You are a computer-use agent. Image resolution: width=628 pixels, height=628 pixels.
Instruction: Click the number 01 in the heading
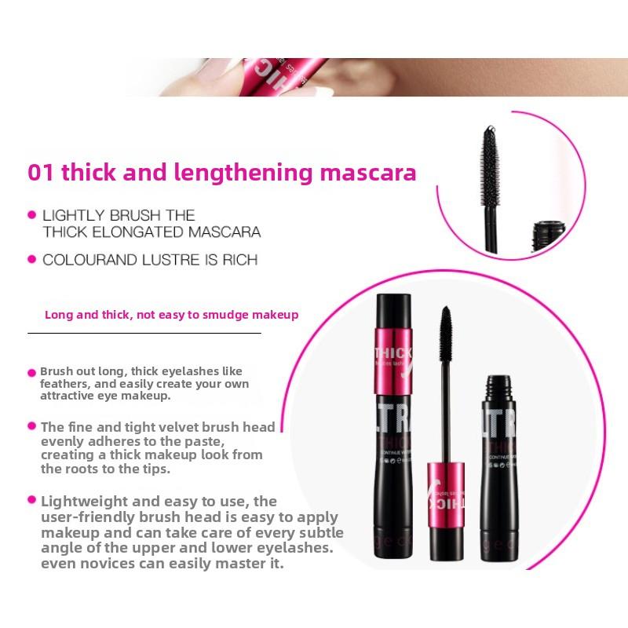(x=40, y=173)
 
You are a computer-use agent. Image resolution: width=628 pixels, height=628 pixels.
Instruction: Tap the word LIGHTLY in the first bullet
(x=70, y=215)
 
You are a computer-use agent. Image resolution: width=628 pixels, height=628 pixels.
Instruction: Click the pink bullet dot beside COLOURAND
(x=32, y=259)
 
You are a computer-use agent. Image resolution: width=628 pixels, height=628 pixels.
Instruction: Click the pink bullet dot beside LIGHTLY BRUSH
(x=32, y=214)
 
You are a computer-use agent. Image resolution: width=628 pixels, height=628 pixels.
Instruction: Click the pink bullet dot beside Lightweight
(x=32, y=500)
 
